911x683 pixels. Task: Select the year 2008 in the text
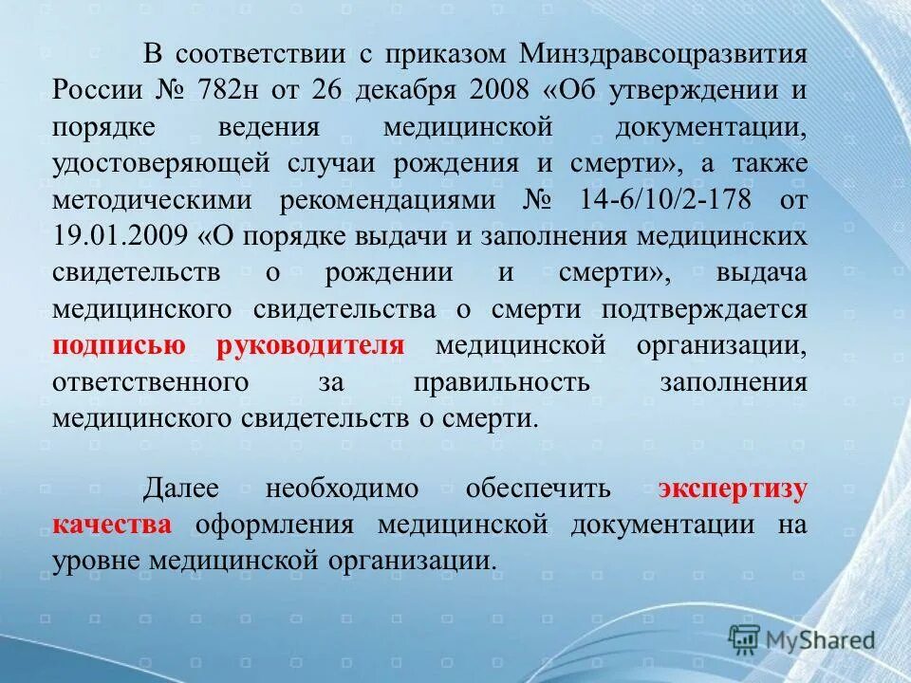pyautogui.click(x=499, y=91)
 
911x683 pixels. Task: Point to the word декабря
pyautogui.click(x=409, y=91)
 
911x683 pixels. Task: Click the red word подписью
pyautogui.click(x=119, y=345)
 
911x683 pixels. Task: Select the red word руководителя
pyautogui.click(x=310, y=345)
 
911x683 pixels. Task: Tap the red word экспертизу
pyautogui.click(x=734, y=490)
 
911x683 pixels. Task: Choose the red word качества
pyautogui.click(x=113, y=526)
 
